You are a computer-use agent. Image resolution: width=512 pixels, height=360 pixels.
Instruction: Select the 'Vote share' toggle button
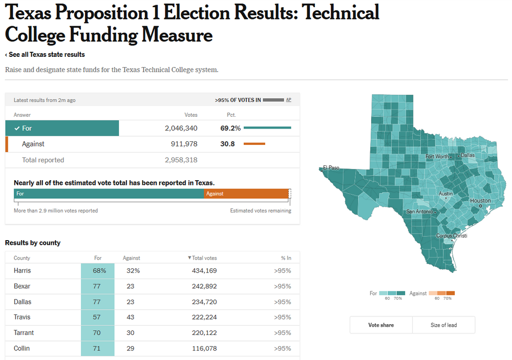tap(381, 325)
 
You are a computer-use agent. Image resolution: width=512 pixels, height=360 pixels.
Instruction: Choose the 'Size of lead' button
tap(443, 325)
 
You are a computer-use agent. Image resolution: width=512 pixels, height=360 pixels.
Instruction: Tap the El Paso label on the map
tap(331, 167)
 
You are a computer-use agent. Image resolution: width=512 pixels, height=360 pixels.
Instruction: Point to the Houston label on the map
tap(480, 201)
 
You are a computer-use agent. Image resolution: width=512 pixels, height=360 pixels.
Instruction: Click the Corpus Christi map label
tap(451, 236)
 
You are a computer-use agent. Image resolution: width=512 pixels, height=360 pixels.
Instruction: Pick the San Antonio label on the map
tap(420, 211)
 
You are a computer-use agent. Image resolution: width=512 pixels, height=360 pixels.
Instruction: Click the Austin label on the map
tap(446, 194)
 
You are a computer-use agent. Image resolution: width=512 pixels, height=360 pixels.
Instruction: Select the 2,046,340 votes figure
tap(181, 128)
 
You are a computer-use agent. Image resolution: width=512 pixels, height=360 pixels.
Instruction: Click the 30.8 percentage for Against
tap(227, 144)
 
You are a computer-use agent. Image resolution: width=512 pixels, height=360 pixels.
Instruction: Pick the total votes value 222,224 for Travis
tap(204, 317)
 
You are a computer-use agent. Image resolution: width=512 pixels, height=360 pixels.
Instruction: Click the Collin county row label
tap(22, 348)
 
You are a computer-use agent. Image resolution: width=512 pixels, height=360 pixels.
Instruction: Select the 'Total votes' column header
tap(204, 258)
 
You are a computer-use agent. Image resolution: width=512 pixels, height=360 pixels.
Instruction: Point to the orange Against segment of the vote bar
tap(246, 194)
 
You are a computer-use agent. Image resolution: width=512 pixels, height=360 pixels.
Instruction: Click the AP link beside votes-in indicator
tap(289, 100)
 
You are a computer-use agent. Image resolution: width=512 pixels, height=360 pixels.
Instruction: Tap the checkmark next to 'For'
tap(17, 128)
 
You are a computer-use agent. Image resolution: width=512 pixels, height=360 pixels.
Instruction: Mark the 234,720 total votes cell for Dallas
tap(204, 302)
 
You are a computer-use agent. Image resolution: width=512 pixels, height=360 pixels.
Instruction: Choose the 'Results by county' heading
tap(33, 243)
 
